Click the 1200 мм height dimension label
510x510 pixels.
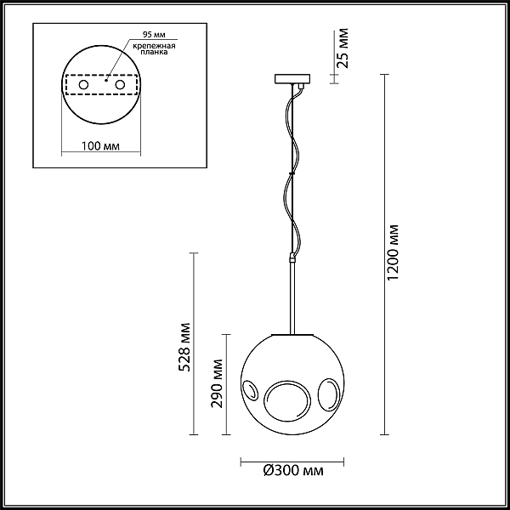394,252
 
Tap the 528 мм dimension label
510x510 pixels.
184,347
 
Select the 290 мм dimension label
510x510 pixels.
217,383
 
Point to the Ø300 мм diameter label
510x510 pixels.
293,470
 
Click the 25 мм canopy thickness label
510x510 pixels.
343,48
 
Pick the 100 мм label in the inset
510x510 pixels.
100,145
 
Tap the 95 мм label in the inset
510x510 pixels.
154,35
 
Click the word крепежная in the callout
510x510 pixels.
154,46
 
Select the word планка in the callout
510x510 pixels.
154,52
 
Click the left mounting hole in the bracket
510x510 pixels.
83,85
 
